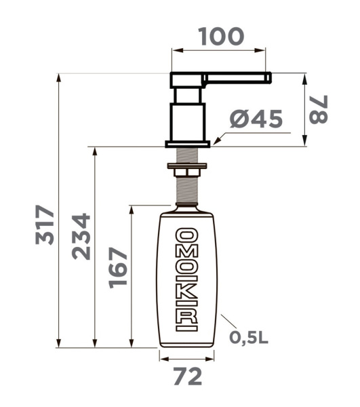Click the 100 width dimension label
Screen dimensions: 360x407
(221, 37)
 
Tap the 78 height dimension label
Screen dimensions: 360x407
(319, 109)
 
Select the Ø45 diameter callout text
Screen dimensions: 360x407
(256, 119)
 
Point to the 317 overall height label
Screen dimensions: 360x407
(45, 225)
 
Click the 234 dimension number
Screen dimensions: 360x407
(81, 237)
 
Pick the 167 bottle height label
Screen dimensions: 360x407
(118, 268)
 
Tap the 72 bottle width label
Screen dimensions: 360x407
(188, 376)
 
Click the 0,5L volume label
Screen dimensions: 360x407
(248, 337)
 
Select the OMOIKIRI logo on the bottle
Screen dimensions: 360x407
(186, 279)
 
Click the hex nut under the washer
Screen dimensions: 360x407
(187, 172)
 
